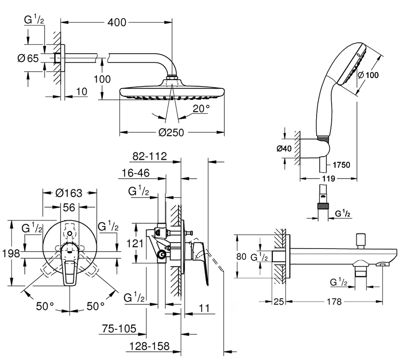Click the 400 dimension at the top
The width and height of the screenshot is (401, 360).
(117, 23)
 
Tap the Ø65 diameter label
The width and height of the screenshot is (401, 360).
(28, 58)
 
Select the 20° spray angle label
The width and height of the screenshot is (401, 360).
(201, 109)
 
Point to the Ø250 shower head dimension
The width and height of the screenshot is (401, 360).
(171, 132)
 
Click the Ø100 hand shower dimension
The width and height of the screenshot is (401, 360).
(368, 75)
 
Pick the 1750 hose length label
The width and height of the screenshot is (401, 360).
(341, 165)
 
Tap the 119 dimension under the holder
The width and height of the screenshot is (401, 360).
(328, 178)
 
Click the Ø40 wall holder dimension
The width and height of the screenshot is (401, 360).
(284, 149)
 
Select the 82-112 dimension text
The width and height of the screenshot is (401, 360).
(150, 156)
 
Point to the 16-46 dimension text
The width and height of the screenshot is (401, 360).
(135, 173)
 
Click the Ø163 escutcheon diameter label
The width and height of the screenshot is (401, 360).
(69, 193)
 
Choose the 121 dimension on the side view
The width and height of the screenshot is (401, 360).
(135, 243)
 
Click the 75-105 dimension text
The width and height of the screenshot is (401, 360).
(119, 329)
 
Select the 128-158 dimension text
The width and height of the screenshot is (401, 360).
(150, 346)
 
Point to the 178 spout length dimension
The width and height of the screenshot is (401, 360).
(334, 302)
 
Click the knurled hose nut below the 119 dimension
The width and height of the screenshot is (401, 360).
(323, 206)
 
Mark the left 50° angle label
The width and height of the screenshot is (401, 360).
(45, 306)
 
